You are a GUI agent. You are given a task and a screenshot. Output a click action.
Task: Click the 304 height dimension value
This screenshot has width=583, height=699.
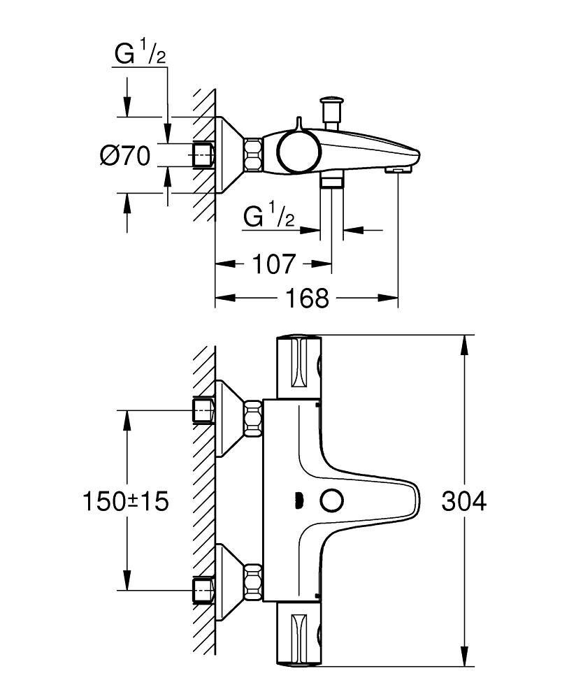(x=463, y=502)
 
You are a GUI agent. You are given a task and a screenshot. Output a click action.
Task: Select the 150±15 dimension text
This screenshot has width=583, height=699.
(x=126, y=501)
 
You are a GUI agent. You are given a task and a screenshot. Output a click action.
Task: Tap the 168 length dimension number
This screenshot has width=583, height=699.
(x=307, y=298)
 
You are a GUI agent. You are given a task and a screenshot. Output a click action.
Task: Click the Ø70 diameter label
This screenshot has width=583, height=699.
(x=126, y=156)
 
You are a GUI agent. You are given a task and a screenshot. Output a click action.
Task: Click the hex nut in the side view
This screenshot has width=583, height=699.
(x=253, y=154)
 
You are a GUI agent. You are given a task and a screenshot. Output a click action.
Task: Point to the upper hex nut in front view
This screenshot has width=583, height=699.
(x=253, y=417)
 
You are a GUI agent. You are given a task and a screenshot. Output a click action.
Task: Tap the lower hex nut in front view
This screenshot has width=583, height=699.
(x=253, y=583)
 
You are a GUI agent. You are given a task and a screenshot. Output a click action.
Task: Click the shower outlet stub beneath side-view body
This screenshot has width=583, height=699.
(x=331, y=180)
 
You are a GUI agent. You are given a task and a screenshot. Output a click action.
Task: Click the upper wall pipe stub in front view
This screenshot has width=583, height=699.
(x=203, y=411)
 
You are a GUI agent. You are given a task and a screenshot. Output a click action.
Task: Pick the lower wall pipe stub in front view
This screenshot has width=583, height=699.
(x=203, y=589)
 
